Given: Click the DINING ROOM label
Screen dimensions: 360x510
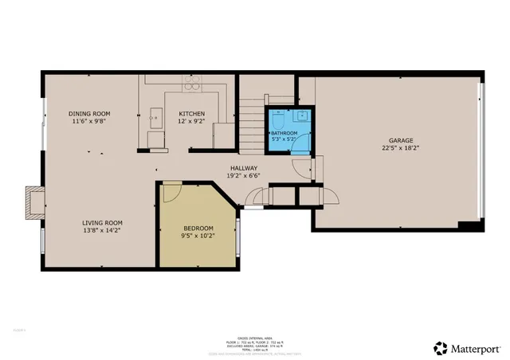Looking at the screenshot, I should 88,114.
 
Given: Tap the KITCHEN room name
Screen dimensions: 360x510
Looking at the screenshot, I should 192,114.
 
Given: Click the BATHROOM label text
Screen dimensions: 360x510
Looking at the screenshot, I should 284,133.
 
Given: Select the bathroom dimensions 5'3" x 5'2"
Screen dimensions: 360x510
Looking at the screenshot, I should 284,139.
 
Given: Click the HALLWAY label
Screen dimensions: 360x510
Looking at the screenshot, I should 244,168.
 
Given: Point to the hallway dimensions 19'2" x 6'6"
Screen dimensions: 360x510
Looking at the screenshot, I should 244,176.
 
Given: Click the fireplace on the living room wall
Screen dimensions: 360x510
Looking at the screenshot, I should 34,202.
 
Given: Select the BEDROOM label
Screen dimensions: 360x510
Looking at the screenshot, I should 198,228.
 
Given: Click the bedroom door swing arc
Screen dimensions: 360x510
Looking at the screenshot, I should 173,193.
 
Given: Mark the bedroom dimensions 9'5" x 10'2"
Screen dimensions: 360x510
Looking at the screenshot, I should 198,236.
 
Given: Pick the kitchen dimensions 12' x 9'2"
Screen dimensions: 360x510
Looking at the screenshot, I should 192,122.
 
